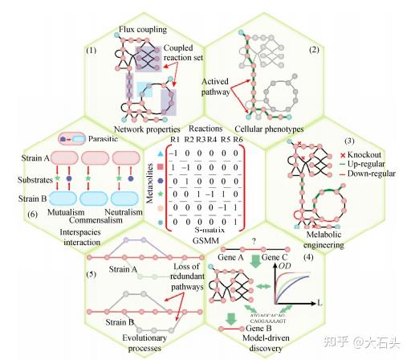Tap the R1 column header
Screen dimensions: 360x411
[176, 140]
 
